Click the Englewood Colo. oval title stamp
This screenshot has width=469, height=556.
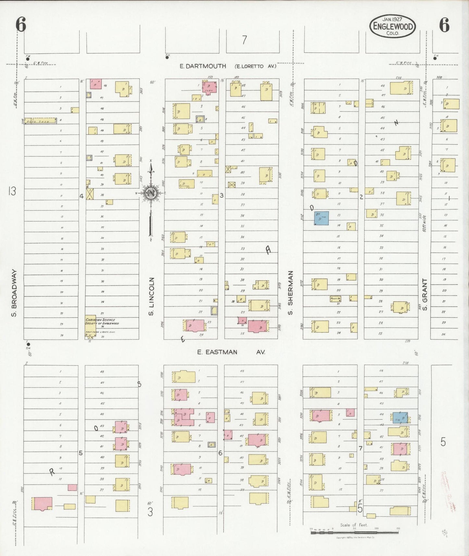392,26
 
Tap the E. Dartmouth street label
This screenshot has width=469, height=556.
203,66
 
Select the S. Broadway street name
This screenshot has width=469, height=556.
14,293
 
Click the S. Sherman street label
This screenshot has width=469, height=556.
290,293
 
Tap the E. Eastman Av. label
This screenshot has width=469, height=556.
231,352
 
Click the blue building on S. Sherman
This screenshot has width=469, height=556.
321,218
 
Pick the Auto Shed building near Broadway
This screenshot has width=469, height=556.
41,121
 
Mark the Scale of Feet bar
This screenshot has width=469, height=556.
354,533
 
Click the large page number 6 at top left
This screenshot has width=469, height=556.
21,25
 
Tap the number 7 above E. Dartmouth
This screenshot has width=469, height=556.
244,40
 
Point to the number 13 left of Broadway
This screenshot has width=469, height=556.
12,191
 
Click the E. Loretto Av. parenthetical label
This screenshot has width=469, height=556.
255,66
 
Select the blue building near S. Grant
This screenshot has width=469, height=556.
400,418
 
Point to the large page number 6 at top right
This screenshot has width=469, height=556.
444,25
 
